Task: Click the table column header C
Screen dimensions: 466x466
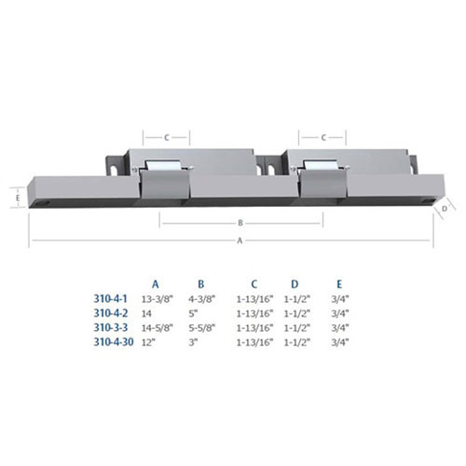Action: [254, 281]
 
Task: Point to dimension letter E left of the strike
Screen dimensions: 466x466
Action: [18, 197]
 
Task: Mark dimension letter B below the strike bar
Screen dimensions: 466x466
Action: [240, 223]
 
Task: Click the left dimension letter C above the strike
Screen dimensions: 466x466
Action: [165, 136]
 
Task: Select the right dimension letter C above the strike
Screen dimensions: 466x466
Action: [322, 136]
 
